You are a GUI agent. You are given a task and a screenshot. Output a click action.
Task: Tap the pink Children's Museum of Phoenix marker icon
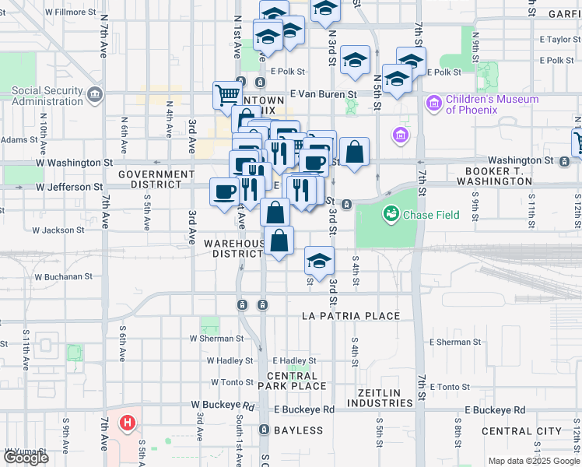[x=433, y=103]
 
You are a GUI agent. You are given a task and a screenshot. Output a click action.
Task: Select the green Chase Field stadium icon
[x=391, y=212]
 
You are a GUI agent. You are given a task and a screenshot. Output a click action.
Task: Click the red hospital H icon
[x=126, y=424]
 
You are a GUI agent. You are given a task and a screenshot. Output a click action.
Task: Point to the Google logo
[x=26, y=458]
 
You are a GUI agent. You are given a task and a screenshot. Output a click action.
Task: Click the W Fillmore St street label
[x=71, y=13]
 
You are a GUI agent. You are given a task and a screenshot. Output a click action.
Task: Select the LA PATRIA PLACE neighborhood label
[x=350, y=316]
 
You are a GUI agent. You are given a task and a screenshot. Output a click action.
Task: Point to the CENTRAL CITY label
[x=521, y=430]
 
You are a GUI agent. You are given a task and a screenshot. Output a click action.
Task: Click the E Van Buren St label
[x=322, y=93]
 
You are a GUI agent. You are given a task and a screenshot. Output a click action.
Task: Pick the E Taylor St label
[x=549, y=39]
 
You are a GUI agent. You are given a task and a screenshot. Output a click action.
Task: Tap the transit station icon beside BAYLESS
[x=264, y=430]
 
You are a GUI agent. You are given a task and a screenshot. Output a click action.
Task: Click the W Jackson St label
[x=58, y=230]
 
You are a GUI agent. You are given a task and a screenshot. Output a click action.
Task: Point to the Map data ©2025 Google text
[x=533, y=461]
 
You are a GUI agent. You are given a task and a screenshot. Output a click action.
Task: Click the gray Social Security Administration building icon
[x=95, y=95]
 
